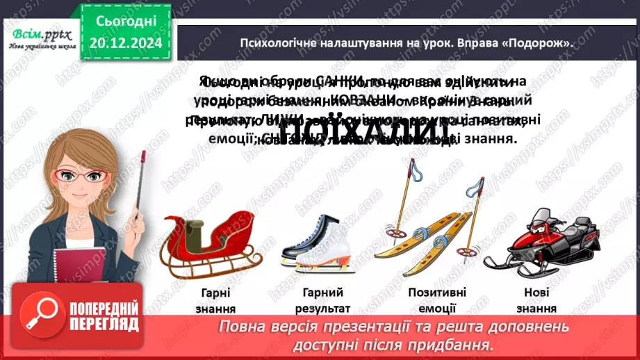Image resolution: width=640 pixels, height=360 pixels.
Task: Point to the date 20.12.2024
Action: pos(126,43)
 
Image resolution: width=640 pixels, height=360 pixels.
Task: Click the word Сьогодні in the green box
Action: pos(126,22)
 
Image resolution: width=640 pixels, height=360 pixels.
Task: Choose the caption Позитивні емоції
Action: pos(437,300)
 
